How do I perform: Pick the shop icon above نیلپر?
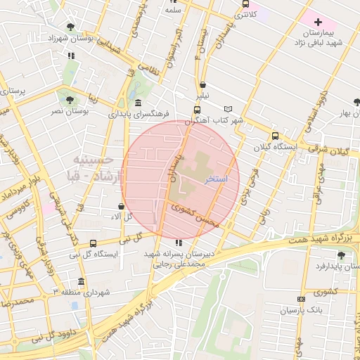[x=202, y=84]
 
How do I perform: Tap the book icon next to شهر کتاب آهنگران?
[x=226, y=109]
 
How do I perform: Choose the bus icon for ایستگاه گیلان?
[x=274, y=136]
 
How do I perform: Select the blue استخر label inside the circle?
[x=217, y=180]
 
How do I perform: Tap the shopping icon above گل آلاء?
[x=122, y=207]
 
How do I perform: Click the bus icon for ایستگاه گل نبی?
[x=94, y=243]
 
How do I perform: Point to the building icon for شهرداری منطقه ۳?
[x=81, y=281]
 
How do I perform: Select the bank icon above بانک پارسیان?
[x=301, y=300]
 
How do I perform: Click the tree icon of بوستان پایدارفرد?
[x=340, y=255]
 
